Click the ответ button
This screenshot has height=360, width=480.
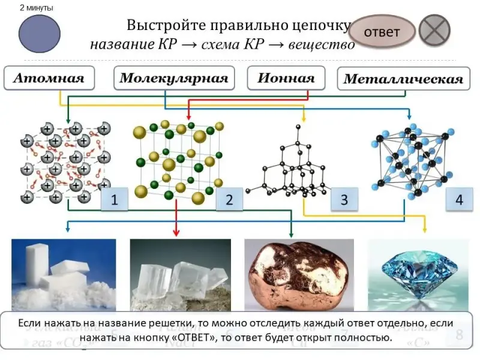382,31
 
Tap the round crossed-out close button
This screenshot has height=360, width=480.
434,30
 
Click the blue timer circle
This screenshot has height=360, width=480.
40,34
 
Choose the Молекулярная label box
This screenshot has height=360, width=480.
173,79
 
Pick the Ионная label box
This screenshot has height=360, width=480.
286,79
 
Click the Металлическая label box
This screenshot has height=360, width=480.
403,79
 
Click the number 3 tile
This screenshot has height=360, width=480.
344,200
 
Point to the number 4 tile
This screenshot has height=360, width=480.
459,200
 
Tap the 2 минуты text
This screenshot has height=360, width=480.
36,8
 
